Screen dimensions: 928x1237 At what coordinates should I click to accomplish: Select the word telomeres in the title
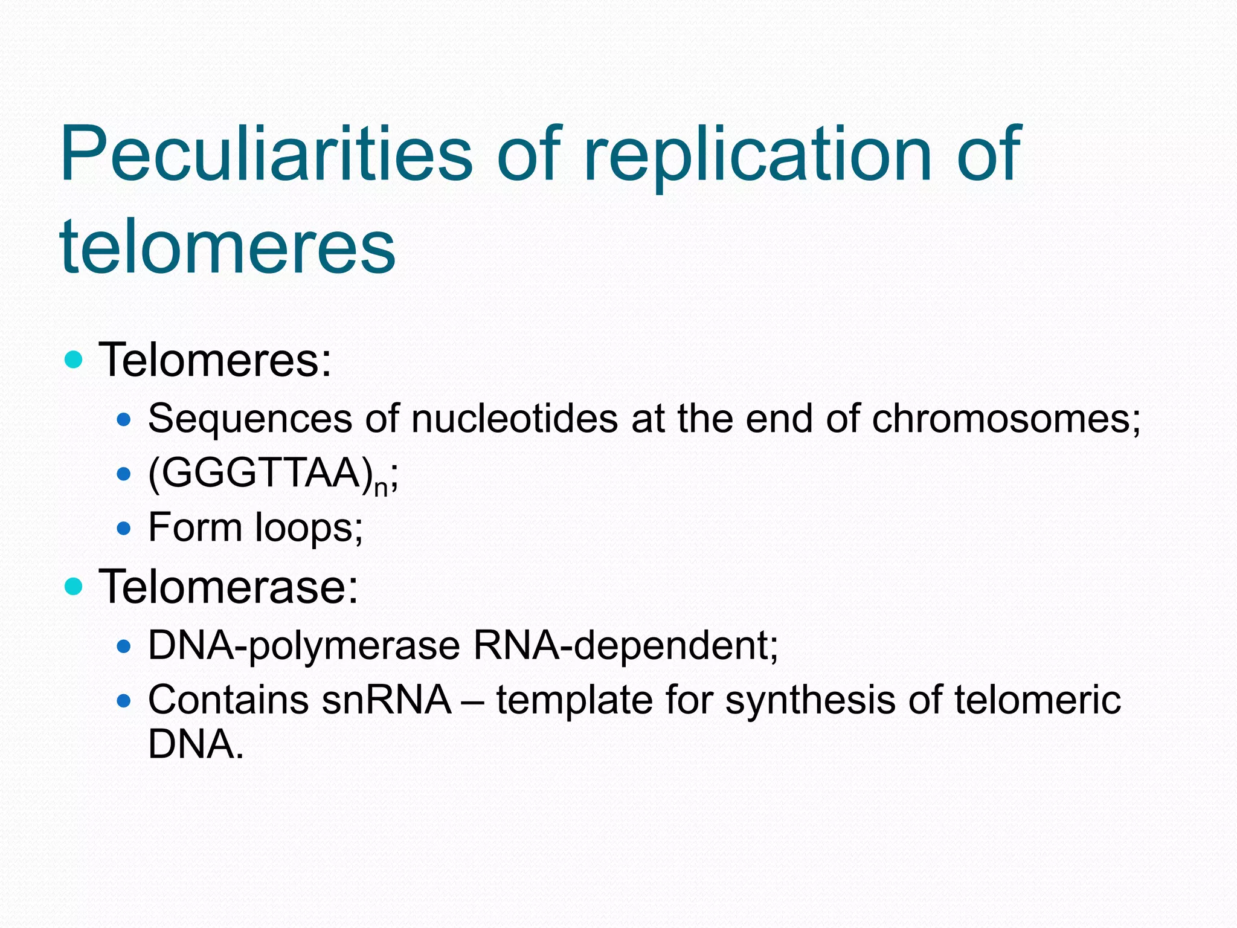(x=228, y=246)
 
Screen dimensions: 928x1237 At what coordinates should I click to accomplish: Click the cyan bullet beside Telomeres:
(x=73, y=360)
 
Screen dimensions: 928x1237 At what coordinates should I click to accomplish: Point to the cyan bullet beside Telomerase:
(x=73, y=586)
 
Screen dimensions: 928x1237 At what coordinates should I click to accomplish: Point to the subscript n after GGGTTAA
(x=381, y=487)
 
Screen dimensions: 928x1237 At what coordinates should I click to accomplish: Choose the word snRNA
(x=387, y=700)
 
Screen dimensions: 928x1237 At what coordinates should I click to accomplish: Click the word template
(x=574, y=700)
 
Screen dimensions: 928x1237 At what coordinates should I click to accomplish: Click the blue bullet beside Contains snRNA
(x=124, y=701)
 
